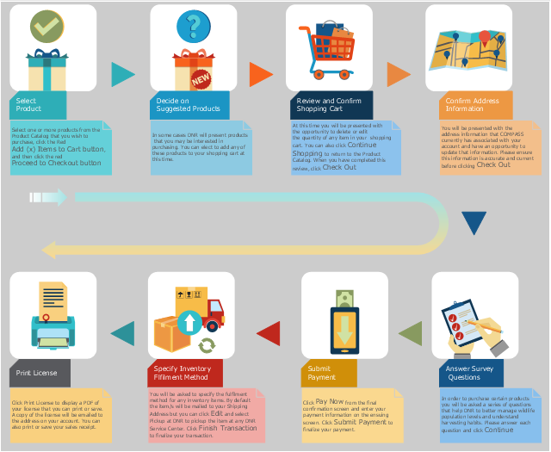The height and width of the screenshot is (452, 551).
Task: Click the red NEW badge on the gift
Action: (x=201, y=78)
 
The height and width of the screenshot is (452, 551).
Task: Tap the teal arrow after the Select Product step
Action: (x=123, y=75)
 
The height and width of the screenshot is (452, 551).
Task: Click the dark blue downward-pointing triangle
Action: (x=474, y=223)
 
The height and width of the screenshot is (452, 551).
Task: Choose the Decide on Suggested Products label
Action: (x=189, y=105)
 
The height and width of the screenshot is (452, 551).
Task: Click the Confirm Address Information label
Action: (x=472, y=105)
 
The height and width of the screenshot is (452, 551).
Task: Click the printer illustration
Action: (x=53, y=319)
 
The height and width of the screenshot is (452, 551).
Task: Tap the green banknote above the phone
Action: (x=344, y=297)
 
